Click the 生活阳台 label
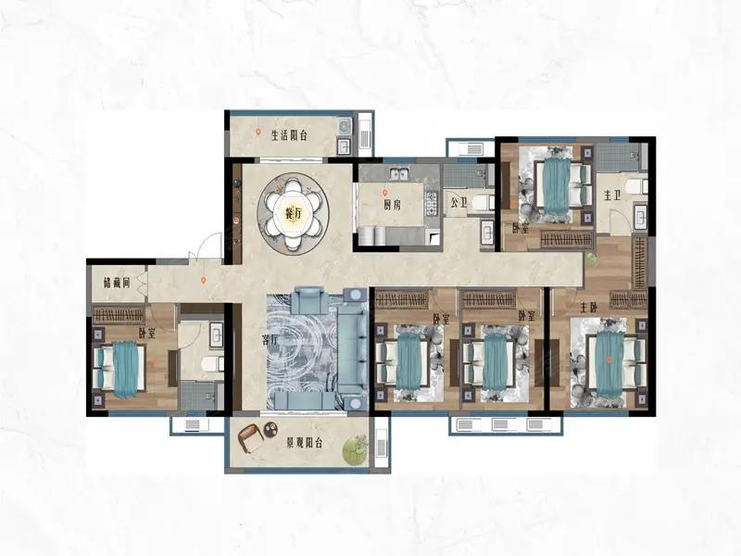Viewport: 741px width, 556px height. pyautogui.click(x=289, y=135)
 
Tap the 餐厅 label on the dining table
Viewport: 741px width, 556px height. pyautogui.click(x=294, y=214)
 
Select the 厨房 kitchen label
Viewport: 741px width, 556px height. pyautogui.click(x=392, y=205)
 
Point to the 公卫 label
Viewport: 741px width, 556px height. pyautogui.click(x=458, y=203)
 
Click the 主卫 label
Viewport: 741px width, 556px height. pyautogui.click(x=612, y=195)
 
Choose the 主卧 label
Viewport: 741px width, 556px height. pyautogui.click(x=589, y=309)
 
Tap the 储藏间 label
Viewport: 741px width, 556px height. pyautogui.click(x=117, y=283)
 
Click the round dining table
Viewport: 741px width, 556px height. pyautogui.click(x=294, y=212)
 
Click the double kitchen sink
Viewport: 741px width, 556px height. pyautogui.click(x=399, y=173)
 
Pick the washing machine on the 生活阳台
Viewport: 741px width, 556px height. pyautogui.click(x=344, y=126)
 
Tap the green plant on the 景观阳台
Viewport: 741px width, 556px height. pyautogui.click(x=356, y=449)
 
